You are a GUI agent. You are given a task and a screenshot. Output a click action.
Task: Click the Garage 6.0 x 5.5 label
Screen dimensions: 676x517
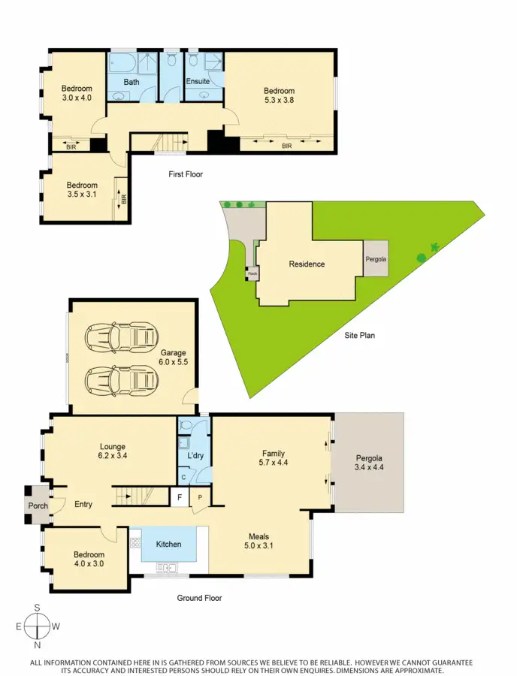click(173, 357)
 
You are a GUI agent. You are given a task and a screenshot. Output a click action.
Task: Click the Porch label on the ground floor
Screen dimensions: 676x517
click(38, 505)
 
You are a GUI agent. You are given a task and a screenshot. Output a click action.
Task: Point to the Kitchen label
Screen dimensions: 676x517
click(168, 544)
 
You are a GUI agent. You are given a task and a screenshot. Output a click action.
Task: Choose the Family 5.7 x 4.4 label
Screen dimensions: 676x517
click(273, 458)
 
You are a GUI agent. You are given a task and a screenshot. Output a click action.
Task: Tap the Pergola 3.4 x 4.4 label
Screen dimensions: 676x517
click(370, 462)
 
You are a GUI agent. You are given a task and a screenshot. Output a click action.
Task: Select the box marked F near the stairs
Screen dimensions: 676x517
click(180, 496)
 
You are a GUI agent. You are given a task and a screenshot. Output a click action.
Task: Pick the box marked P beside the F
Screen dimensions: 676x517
click(201, 496)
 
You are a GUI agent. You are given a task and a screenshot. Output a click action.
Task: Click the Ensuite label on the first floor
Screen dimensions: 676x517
click(198, 80)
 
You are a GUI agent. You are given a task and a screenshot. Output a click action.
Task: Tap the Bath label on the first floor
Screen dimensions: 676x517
click(132, 82)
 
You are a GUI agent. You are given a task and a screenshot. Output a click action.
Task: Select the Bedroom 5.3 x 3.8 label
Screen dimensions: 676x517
click(280, 95)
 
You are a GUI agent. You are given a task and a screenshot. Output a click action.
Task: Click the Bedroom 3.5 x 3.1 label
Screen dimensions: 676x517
click(82, 190)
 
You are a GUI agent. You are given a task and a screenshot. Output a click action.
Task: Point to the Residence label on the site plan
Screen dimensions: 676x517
click(307, 264)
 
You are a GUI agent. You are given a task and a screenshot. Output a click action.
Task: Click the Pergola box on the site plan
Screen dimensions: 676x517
click(376, 258)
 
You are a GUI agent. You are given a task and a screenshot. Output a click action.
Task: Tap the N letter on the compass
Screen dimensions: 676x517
click(37, 644)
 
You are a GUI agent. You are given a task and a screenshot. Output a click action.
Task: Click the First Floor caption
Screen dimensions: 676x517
click(185, 174)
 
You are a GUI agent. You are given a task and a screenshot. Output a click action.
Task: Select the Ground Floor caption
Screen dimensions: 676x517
click(198, 598)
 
